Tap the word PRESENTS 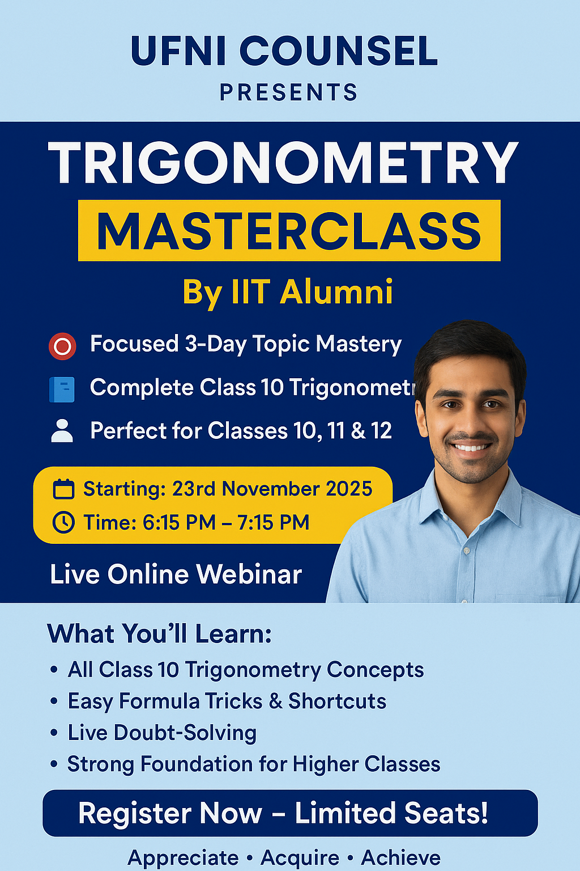[x=289, y=92]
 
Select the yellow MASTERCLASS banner [x=289, y=231]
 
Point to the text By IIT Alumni [x=288, y=293]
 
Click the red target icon [x=62, y=346]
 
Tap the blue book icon [x=62, y=390]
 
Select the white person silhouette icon [x=62, y=431]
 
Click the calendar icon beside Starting [x=63, y=489]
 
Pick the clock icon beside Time [x=63, y=522]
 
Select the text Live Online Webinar [x=176, y=574]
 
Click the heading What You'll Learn [x=160, y=634]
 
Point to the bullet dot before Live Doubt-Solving [x=54, y=733]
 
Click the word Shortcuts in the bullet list [x=337, y=701]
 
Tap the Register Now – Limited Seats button [x=290, y=813]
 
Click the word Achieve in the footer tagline [x=400, y=858]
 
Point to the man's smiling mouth [x=471, y=447]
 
